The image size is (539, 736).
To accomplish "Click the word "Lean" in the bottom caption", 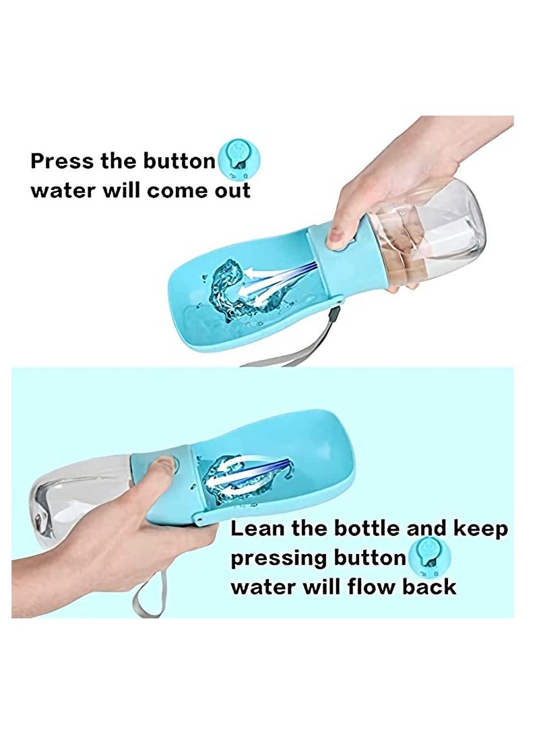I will [259, 529].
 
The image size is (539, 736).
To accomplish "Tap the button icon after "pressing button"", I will [429, 557].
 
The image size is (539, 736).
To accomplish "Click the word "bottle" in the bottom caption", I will [364, 529].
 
